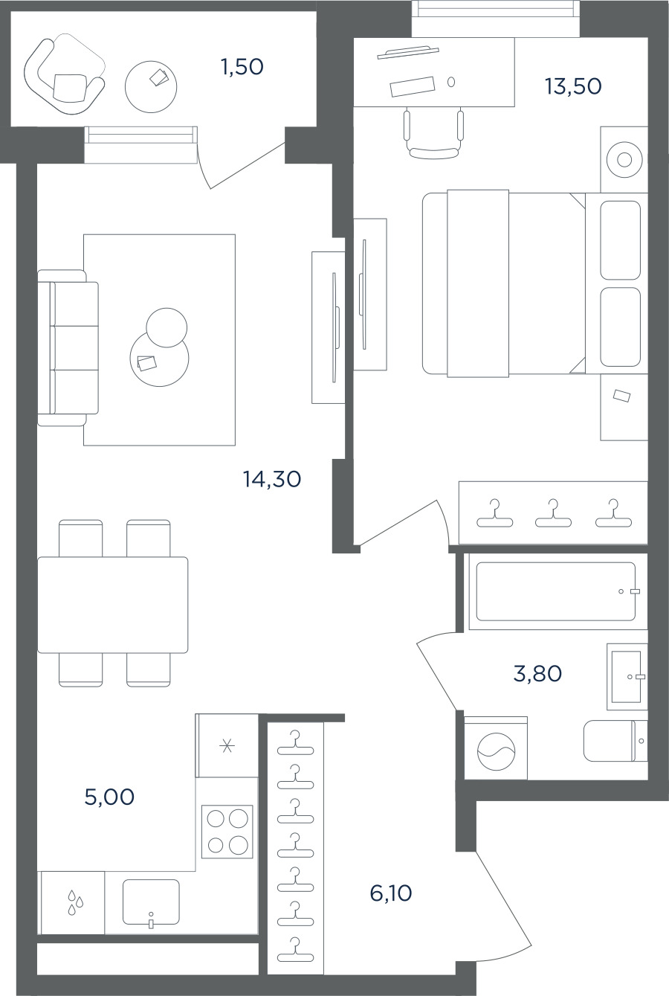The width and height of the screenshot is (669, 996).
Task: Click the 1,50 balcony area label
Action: [242, 67]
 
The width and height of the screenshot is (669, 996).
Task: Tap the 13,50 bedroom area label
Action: [573, 86]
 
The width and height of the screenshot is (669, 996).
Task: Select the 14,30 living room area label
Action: [272, 479]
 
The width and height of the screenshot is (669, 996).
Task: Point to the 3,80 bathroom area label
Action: [537, 674]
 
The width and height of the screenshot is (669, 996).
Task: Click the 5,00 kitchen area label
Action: [109, 797]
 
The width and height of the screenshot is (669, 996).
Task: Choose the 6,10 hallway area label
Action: [391, 893]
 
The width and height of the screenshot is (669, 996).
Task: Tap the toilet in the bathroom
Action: [615, 741]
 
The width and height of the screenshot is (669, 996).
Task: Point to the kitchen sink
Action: [151, 903]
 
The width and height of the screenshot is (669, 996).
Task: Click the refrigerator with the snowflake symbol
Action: [227, 745]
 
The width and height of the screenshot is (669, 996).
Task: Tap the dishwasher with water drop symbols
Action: [74, 902]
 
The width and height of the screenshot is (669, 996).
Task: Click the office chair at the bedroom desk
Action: [433, 133]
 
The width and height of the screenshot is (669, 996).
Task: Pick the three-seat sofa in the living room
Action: [68, 347]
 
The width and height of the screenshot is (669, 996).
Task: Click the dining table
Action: [113, 605]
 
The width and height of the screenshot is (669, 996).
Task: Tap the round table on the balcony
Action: [151, 87]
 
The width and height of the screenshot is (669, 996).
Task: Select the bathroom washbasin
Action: [627, 676]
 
